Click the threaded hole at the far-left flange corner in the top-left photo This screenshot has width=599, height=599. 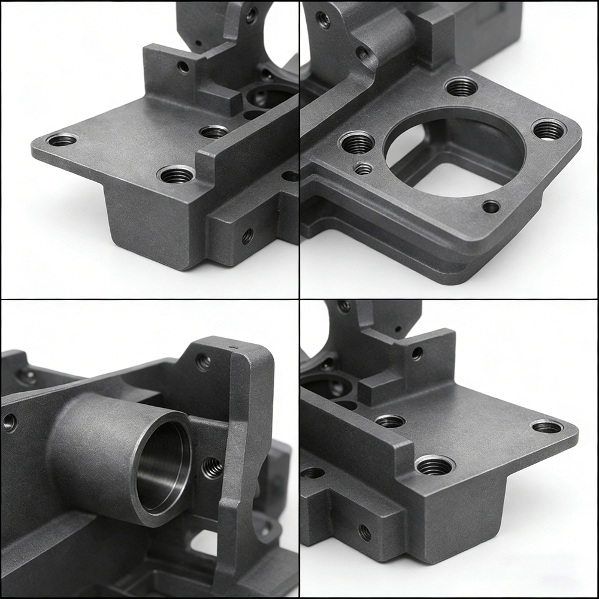[62, 140]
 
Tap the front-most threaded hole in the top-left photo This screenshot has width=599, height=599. [176, 175]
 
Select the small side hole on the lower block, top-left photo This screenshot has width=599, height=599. [247, 236]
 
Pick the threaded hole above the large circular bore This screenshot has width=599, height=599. [461, 87]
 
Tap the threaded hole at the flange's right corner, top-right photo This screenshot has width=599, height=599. [549, 129]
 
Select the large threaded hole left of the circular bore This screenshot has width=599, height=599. [358, 143]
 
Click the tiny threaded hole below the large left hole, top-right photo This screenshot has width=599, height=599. [363, 169]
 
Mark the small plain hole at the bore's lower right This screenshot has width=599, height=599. [491, 207]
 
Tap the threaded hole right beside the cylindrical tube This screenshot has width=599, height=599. [213, 467]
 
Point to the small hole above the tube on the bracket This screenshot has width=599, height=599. [203, 361]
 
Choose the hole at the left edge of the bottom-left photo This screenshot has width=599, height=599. [10, 423]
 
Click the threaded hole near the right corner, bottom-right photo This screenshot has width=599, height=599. [547, 426]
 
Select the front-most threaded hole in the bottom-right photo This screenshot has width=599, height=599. [435, 465]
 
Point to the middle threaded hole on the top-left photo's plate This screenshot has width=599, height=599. [214, 131]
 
